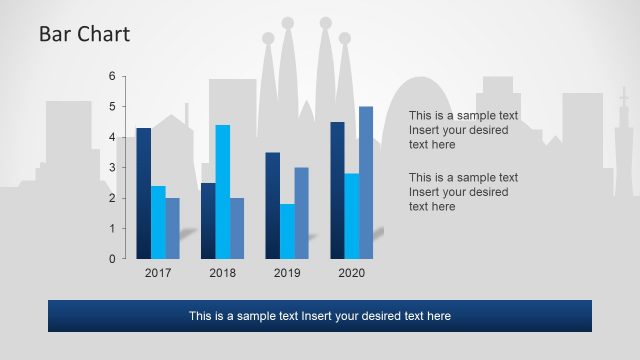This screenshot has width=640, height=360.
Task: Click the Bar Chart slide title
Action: click(x=84, y=35)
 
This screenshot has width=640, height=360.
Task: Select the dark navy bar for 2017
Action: click(x=144, y=193)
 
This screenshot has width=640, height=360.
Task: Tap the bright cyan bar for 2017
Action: click(x=158, y=222)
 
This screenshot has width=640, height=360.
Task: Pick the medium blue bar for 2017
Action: click(x=172, y=228)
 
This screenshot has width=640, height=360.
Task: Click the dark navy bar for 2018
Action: click(x=208, y=220)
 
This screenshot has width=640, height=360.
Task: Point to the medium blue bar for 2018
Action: click(x=237, y=228)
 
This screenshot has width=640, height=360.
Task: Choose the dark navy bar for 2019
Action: click(x=272, y=205)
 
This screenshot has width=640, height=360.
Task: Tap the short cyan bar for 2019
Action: click(x=287, y=231)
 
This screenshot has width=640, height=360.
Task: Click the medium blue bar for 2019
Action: click(x=301, y=213)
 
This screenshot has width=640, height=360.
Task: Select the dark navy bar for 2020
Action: click(x=337, y=190)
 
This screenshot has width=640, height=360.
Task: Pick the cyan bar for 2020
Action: click(x=351, y=216)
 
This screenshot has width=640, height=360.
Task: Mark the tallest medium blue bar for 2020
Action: click(x=366, y=182)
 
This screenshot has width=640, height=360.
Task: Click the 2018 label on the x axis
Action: click(x=222, y=273)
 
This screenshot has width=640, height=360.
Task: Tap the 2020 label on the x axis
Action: click(x=351, y=273)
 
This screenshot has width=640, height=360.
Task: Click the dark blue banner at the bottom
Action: click(x=320, y=316)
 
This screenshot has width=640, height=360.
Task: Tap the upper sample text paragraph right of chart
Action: click(x=463, y=130)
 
